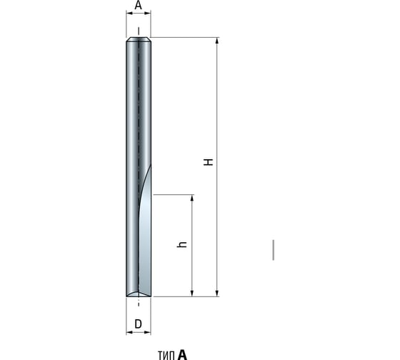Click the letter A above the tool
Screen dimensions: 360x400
[x=138, y=6]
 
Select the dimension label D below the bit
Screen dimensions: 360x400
[x=138, y=324]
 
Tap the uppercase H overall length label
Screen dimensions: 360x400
[x=209, y=162]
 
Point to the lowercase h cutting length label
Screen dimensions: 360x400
[x=182, y=244]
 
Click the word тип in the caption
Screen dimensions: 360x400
[x=166, y=354]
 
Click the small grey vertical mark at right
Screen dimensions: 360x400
[x=273, y=249]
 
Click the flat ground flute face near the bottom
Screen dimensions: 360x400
[x=144, y=250]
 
